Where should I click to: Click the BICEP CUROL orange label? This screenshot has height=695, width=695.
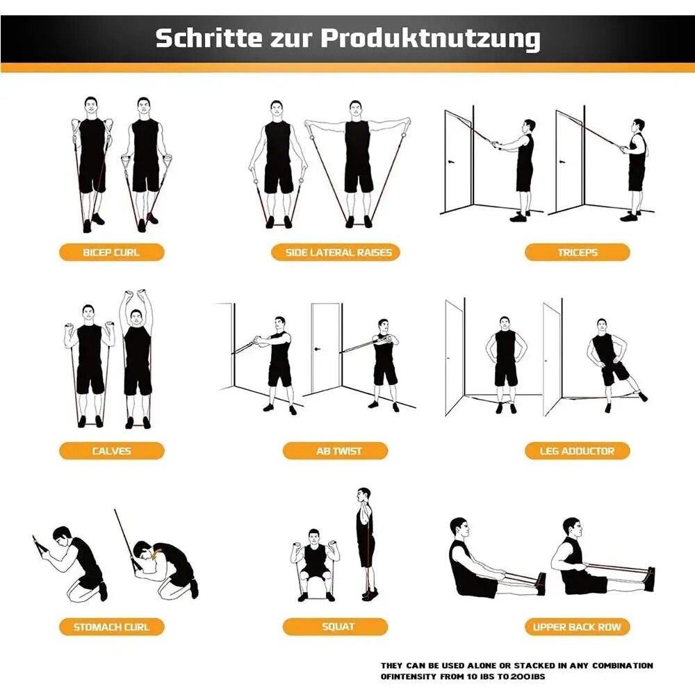pos(111,252)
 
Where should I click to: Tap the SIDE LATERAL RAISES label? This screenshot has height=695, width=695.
pos(338,252)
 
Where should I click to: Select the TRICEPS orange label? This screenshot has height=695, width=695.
pos(577,252)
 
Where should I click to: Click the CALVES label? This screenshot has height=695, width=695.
pos(111,450)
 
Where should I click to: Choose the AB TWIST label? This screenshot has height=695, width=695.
pos(338,450)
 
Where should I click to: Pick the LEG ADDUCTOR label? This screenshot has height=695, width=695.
pos(577,450)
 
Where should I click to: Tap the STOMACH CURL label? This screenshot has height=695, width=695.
pos(111,626)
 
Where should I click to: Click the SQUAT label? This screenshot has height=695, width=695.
pos(338,626)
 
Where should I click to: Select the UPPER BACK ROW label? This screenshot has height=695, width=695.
pos(577,626)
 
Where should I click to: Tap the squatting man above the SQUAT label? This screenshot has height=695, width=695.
pos(316,563)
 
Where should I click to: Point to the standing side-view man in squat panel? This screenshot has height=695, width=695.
pos(366,542)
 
